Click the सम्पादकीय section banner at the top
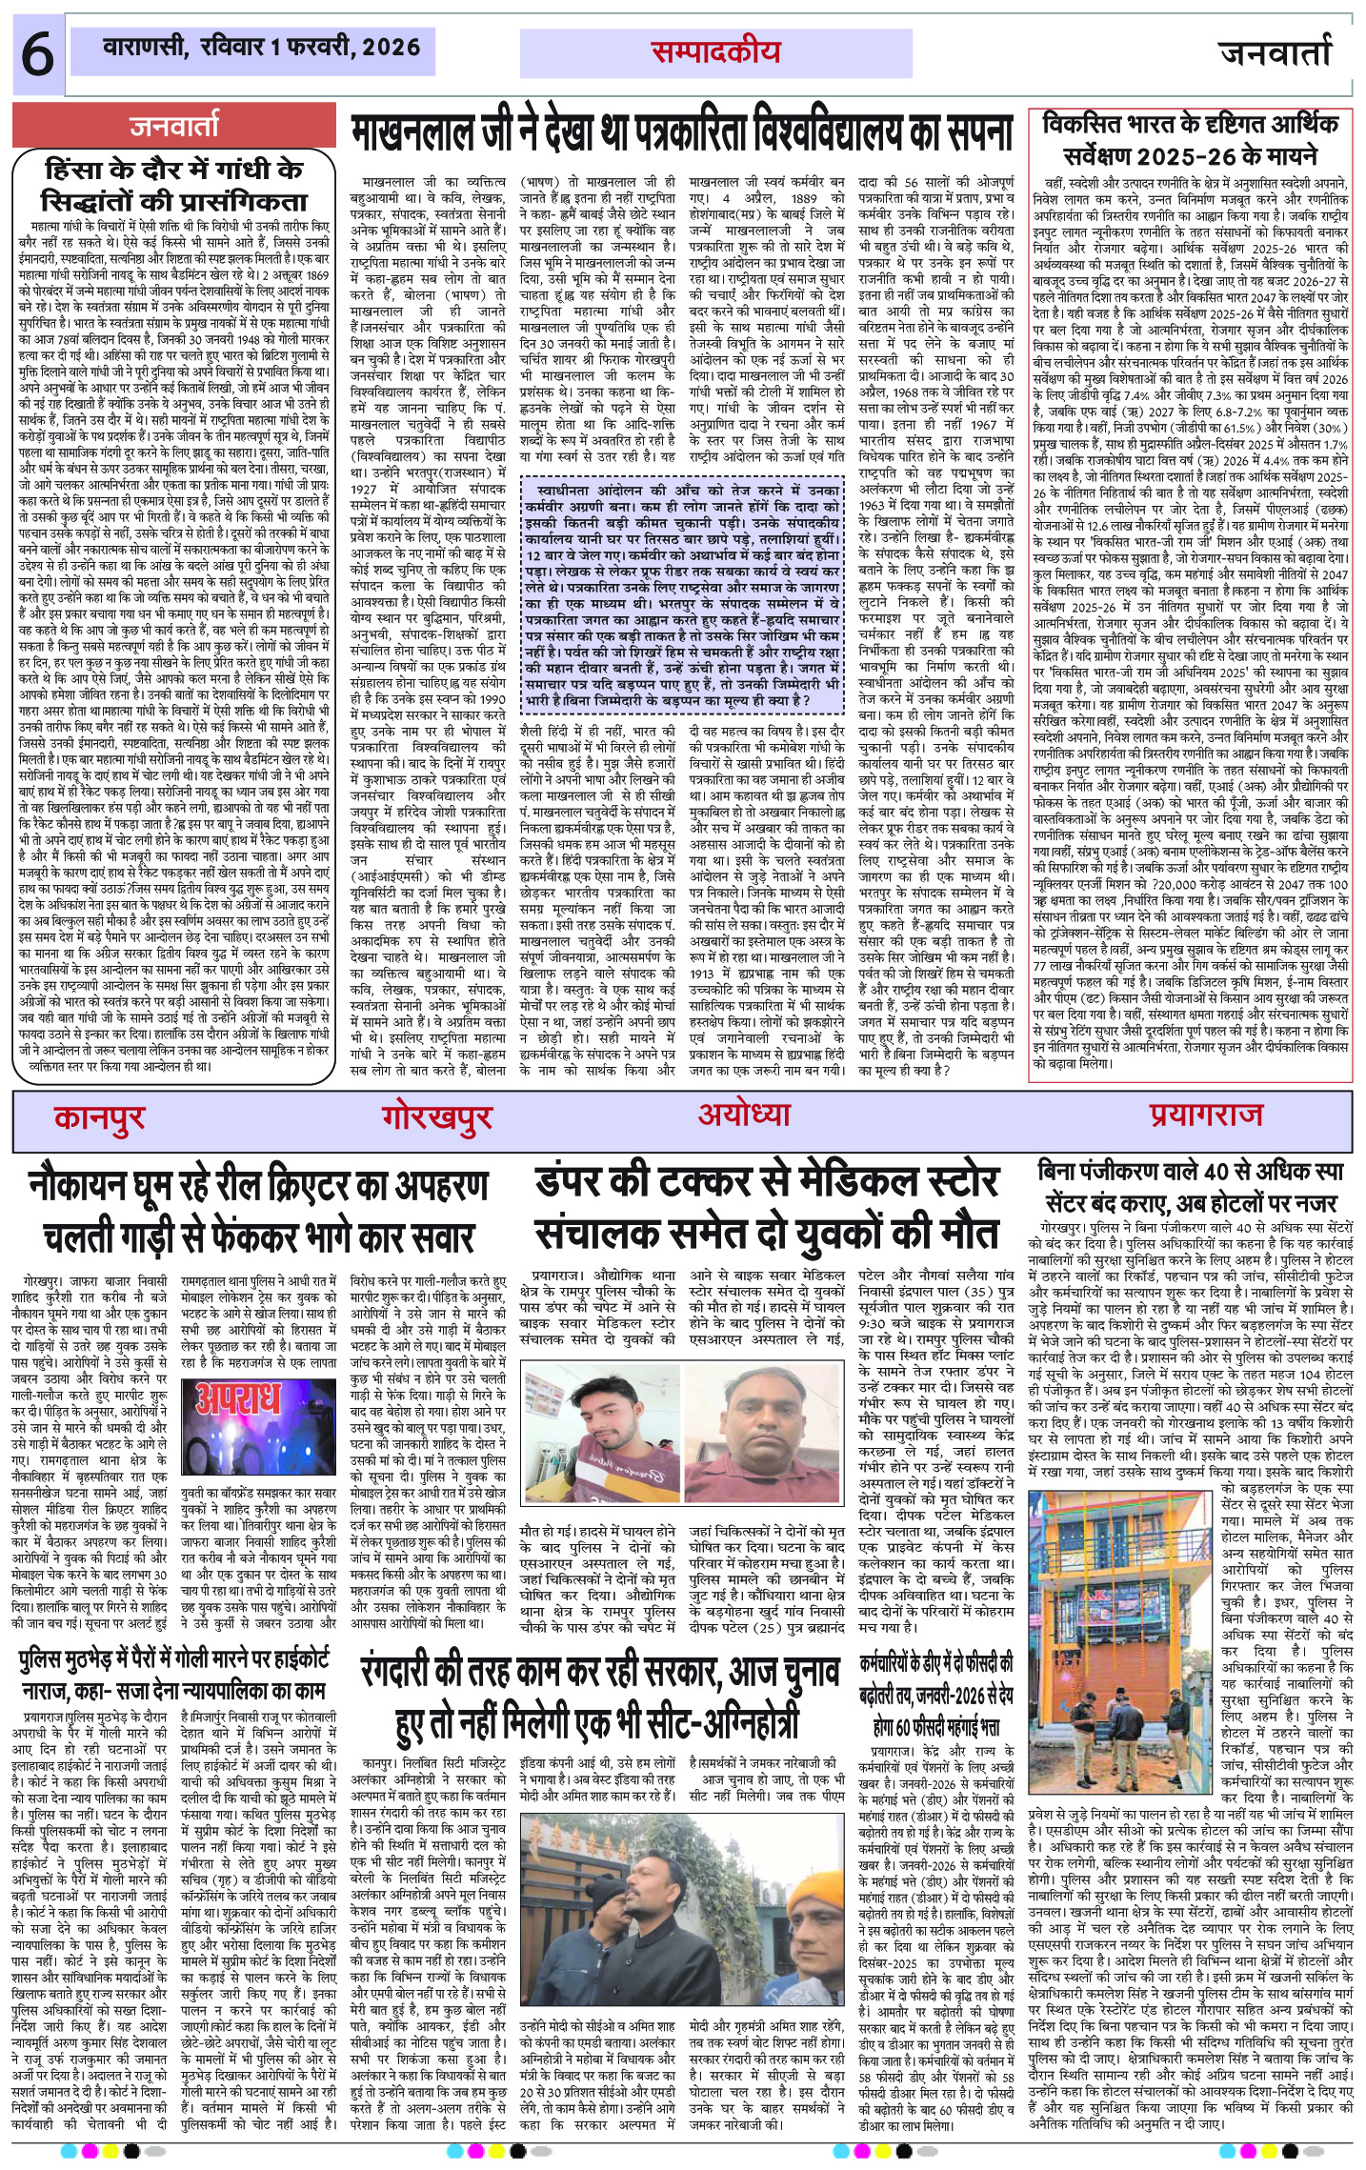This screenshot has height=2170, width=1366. click(x=715, y=53)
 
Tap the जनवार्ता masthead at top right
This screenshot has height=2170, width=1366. click(x=1276, y=52)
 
